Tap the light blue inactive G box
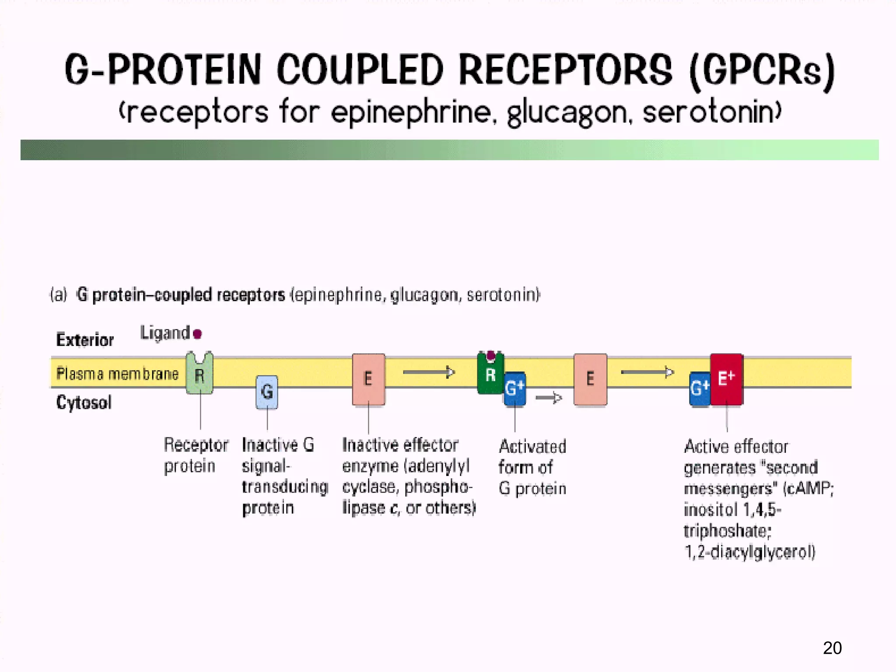point(267,392)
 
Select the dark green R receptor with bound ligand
point(490,375)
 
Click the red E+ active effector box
point(726,379)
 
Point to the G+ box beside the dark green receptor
point(514,388)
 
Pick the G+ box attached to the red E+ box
point(700,388)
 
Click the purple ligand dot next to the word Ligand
point(197,334)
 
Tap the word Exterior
point(85,340)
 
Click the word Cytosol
point(84,402)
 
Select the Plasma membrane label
point(117,374)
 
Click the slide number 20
point(832,648)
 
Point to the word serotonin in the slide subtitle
point(711,112)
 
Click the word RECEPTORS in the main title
point(565,70)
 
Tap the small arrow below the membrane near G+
point(549,398)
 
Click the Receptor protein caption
point(196,455)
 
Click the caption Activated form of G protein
point(532,467)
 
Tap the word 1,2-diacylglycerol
point(750,552)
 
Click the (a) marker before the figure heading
point(59,295)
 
